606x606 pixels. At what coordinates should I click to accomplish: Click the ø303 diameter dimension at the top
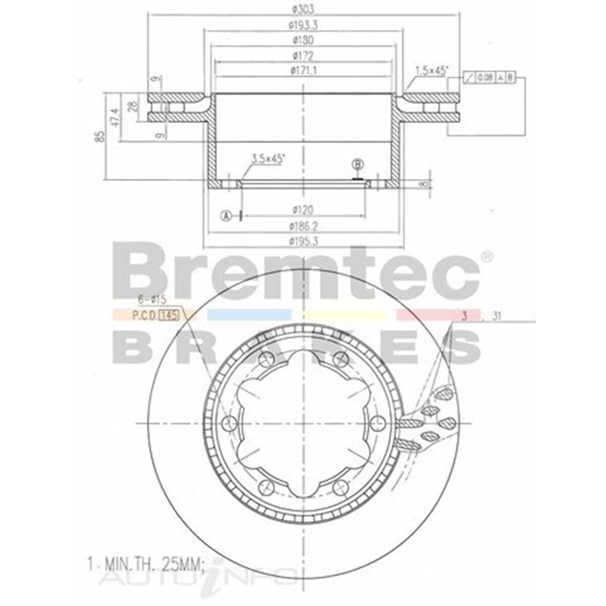(x=302, y=9)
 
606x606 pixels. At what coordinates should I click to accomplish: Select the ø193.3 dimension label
(x=302, y=24)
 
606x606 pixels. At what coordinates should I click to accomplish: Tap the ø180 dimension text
(x=302, y=40)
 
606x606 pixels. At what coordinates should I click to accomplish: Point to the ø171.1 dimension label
(x=303, y=71)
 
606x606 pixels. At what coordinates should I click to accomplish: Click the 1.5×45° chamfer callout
(x=431, y=70)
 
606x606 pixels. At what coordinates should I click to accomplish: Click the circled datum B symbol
(x=358, y=164)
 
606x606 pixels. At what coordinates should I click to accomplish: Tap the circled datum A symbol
(x=226, y=216)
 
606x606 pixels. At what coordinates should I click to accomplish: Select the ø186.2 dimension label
(x=303, y=226)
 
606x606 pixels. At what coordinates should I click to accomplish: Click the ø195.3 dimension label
(x=303, y=241)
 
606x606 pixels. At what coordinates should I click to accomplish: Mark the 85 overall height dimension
(x=102, y=135)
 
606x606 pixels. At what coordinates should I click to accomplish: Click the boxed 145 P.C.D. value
(x=170, y=316)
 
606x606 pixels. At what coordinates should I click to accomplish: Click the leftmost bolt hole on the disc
(x=230, y=423)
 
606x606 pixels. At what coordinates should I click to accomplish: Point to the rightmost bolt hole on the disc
(x=377, y=423)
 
